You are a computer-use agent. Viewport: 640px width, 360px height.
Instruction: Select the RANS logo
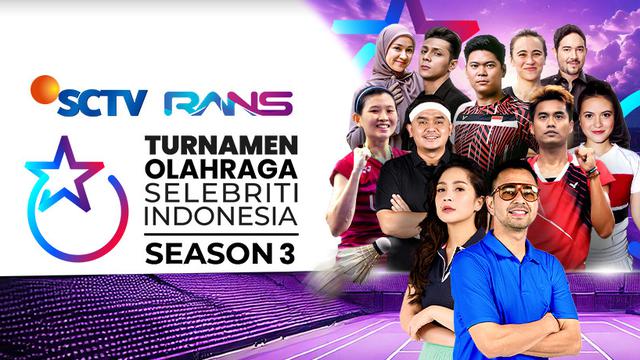pyautogui.click(x=229, y=103)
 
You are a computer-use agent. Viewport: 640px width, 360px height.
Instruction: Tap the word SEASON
pyautogui.click(x=195, y=254)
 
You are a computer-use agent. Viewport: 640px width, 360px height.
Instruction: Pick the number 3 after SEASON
pyautogui.click(x=268, y=254)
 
